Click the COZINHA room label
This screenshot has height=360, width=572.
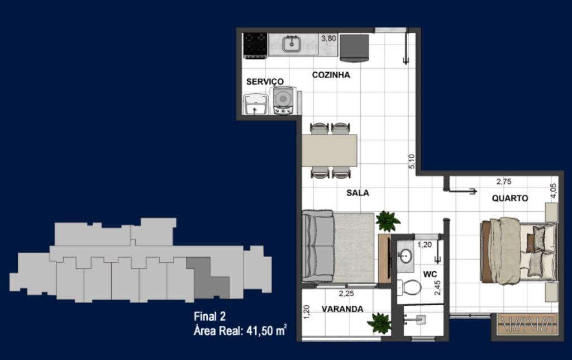click(331, 75)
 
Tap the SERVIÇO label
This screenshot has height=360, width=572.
click(265, 82)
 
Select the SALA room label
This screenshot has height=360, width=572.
click(357, 193)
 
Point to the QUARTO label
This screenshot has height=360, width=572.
click(510, 198)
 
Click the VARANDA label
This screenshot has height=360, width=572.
click(342, 309)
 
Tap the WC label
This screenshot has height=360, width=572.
click(430, 274)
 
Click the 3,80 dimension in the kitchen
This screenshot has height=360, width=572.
click(328, 39)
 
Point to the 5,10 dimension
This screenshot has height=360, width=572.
click(412, 162)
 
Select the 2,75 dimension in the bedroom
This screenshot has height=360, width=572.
click(504, 182)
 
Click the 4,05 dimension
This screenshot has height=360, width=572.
click(554, 191)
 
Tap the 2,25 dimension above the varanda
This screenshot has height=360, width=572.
click(346, 293)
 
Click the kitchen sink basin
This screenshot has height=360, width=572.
click(292, 44)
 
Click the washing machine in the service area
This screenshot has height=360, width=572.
click(283, 100)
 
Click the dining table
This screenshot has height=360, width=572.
click(330, 150)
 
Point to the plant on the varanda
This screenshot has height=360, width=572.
click(379, 323)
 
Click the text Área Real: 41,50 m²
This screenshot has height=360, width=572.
click(240, 330)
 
